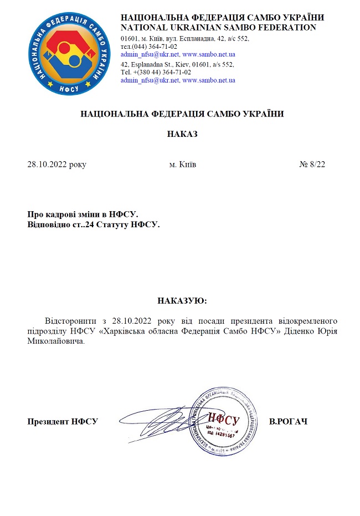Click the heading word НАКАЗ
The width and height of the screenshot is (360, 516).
point(182,134)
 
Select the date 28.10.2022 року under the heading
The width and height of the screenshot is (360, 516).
point(57,165)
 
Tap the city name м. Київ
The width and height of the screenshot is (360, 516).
point(182,165)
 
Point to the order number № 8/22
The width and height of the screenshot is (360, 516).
point(312,165)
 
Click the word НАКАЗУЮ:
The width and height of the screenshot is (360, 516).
point(182,301)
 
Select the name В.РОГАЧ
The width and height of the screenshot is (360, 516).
point(288,422)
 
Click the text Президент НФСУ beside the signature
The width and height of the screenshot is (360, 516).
point(63,422)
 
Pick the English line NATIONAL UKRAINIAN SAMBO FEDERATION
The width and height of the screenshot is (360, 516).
point(218,27)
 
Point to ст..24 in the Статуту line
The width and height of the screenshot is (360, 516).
point(83,225)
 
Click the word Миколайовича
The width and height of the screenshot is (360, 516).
point(56,341)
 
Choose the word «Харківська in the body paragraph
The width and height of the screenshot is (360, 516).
point(120,331)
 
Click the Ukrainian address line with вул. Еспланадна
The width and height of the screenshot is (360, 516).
point(185,39)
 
